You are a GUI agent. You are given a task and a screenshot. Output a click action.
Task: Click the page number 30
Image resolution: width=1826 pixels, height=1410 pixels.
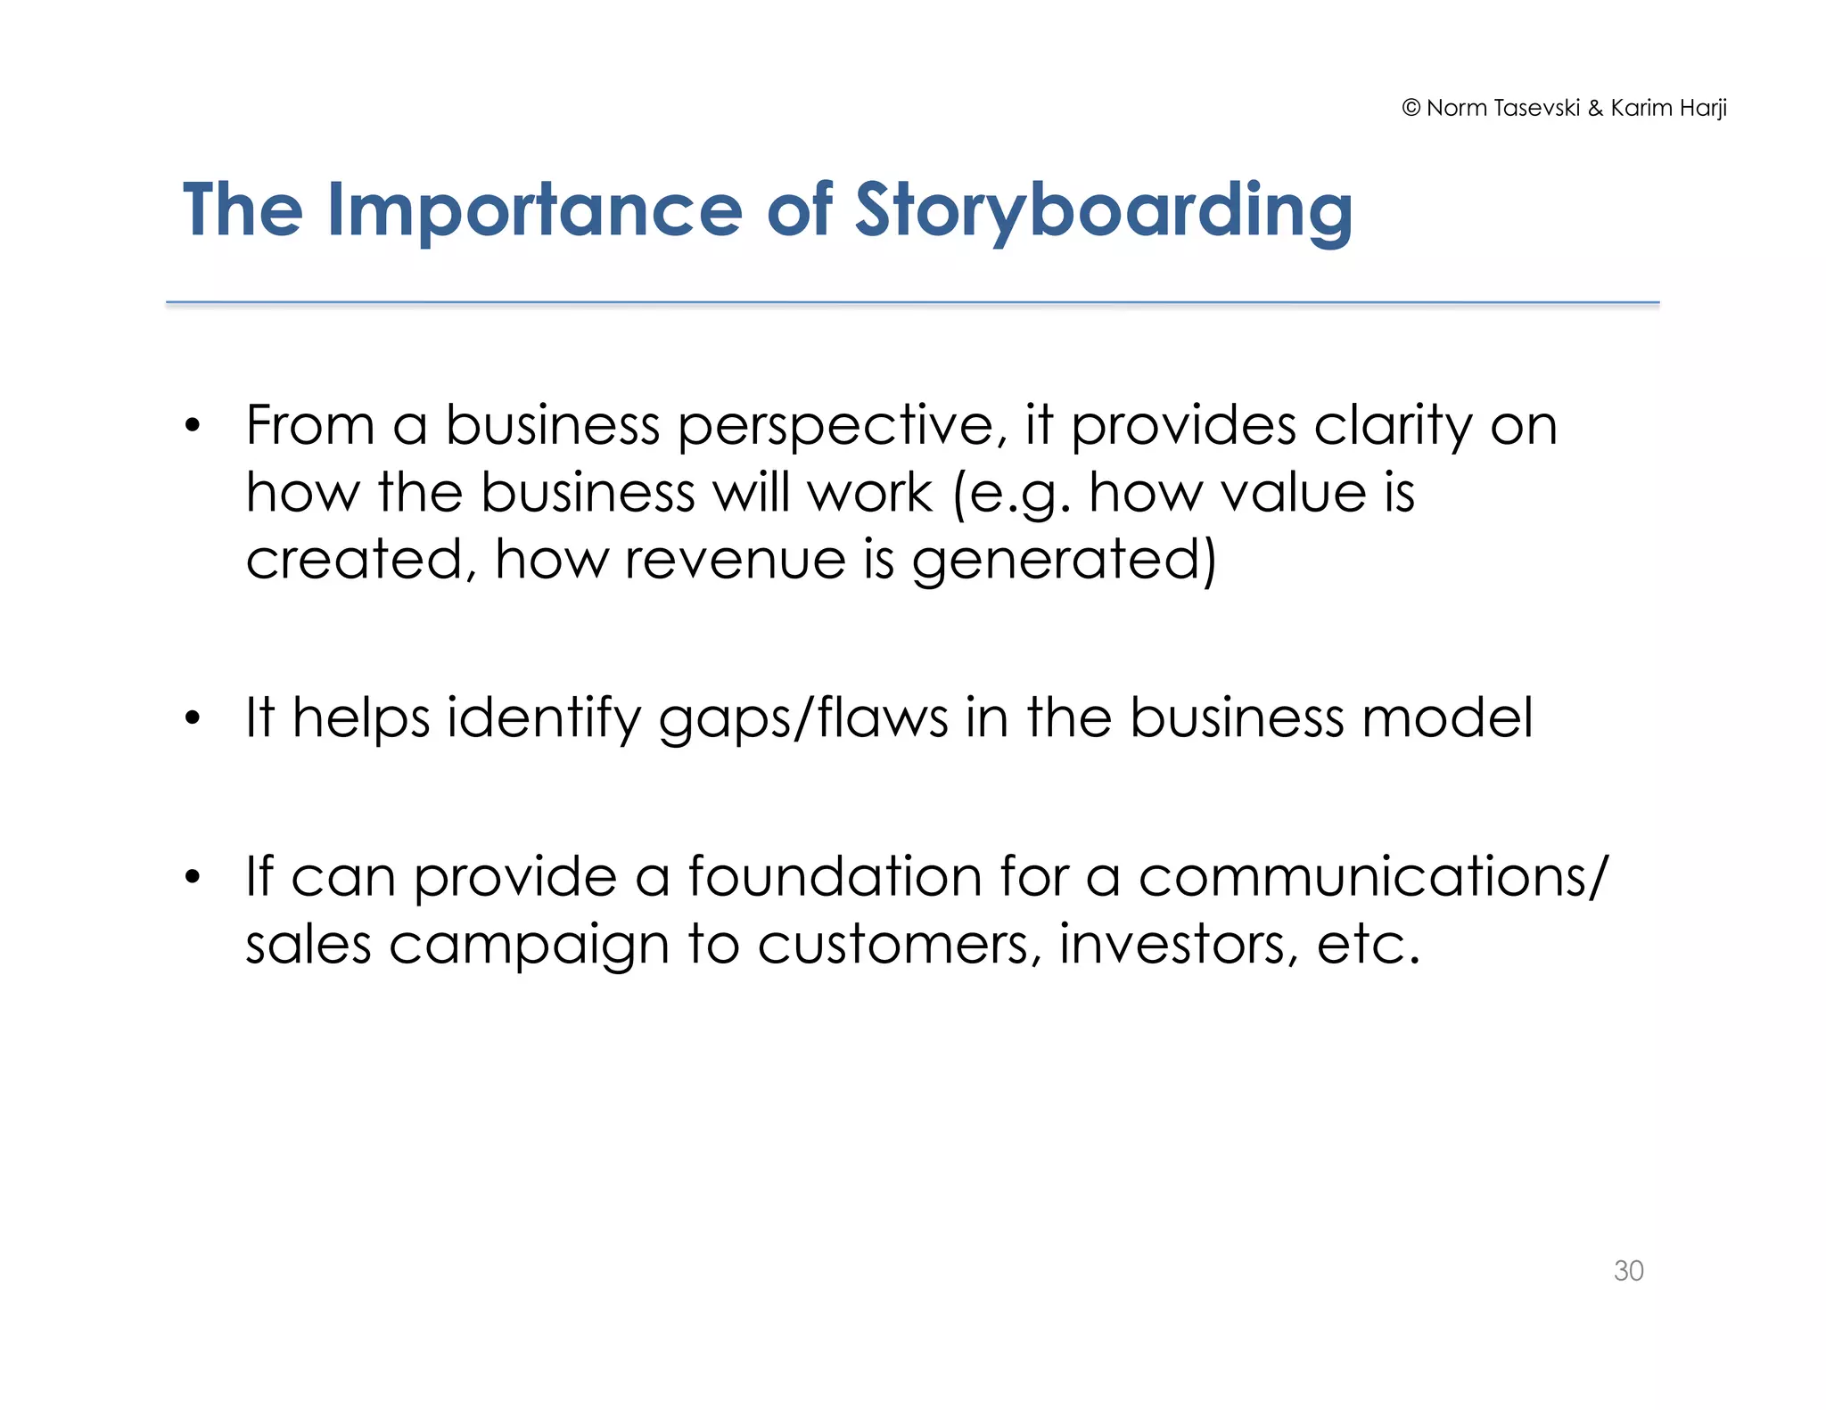click(x=1628, y=1270)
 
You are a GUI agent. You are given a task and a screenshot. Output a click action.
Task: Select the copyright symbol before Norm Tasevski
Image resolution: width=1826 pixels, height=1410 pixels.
click(x=1411, y=108)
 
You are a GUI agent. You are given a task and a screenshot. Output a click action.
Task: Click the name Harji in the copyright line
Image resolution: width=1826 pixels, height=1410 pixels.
click(x=1703, y=108)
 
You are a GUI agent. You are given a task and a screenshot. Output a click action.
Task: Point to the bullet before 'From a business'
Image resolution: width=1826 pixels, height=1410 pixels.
click(x=193, y=426)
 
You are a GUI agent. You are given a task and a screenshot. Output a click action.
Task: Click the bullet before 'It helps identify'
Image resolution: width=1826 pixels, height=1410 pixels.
click(x=193, y=718)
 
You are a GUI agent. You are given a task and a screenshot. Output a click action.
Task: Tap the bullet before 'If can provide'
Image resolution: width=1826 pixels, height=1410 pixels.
click(x=193, y=878)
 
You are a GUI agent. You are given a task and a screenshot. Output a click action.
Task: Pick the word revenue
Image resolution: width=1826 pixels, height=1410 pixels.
click(x=735, y=560)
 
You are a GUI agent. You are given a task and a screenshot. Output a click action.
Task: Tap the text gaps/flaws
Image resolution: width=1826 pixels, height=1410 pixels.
click(x=803, y=718)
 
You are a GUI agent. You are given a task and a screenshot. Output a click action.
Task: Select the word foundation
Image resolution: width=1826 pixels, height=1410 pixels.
click(x=835, y=876)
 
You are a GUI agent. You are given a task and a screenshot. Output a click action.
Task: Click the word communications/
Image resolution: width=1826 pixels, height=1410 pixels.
click(x=1373, y=876)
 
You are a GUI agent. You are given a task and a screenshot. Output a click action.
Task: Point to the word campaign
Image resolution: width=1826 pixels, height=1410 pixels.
click(x=529, y=945)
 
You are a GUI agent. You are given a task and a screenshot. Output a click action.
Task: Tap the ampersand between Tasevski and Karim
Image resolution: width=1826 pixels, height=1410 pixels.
click(x=1595, y=108)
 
